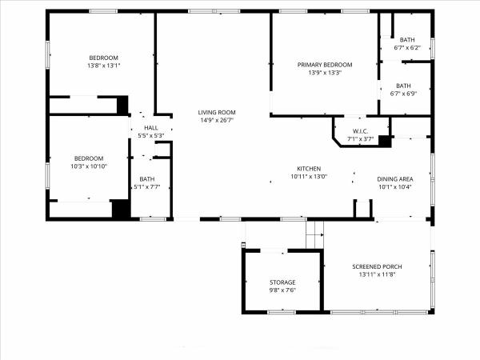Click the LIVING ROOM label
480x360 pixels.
point(217,112)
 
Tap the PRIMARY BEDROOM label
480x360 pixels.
point(325,65)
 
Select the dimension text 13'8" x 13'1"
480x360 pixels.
point(104,66)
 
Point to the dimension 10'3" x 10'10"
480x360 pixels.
point(89,166)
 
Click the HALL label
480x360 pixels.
point(151,128)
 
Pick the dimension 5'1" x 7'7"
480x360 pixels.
point(147,186)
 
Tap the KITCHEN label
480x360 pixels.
point(309,169)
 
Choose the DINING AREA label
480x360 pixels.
point(395,179)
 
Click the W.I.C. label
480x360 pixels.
point(360,131)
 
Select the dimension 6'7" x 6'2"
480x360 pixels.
point(407,48)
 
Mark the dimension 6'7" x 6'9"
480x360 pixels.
point(403,94)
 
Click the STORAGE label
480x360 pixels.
point(282,282)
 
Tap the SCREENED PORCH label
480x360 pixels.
point(377,266)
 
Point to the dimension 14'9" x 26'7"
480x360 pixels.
point(217,120)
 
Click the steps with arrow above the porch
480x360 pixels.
point(314,234)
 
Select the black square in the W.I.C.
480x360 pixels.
point(385,141)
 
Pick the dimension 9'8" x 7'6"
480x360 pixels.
point(282,290)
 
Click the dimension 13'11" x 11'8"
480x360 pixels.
point(377,274)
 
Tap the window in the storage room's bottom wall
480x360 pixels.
point(282,312)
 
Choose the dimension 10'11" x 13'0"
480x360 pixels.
point(309,177)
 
